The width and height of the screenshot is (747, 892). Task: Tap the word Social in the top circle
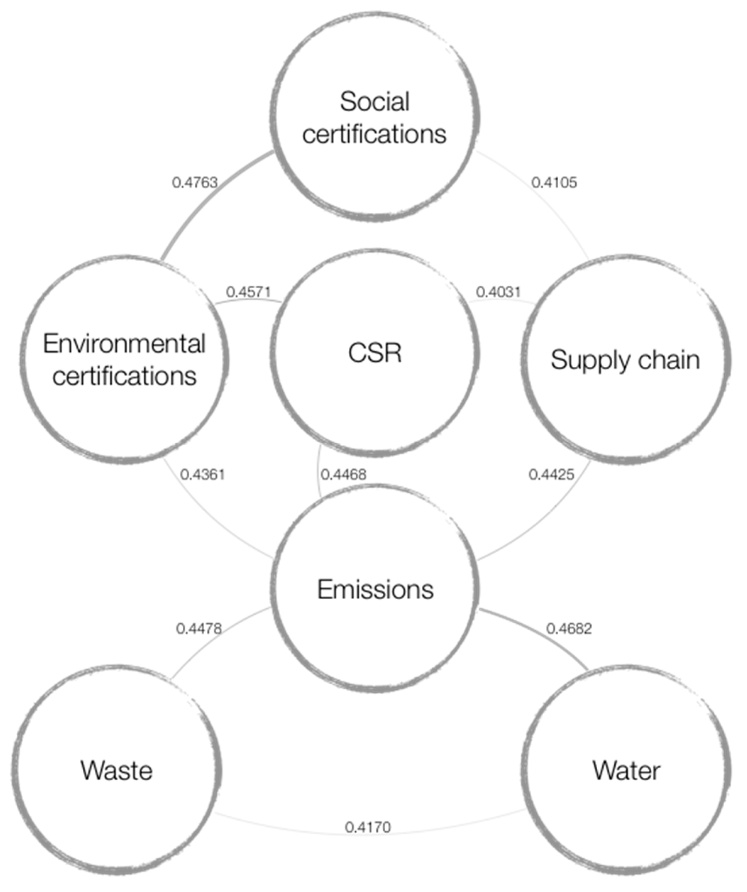click(x=375, y=102)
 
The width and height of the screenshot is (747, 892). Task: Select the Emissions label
click(x=375, y=590)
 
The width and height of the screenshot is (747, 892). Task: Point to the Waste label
click(x=117, y=771)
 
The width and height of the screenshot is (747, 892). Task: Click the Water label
click(x=626, y=771)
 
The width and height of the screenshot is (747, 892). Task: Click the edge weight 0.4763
click(x=195, y=183)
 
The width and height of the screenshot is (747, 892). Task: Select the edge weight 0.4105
click(x=554, y=183)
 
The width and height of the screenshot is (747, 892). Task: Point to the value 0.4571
click(x=248, y=292)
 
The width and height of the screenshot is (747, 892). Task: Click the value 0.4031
click(x=498, y=292)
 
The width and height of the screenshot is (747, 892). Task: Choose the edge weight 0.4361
click(x=203, y=475)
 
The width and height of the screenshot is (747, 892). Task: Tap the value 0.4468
click(x=343, y=475)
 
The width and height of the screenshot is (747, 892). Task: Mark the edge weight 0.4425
click(x=551, y=475)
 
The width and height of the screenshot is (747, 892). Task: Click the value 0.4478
click(x=199, y=629)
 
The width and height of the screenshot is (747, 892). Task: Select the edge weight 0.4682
click(x=569, y=629)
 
